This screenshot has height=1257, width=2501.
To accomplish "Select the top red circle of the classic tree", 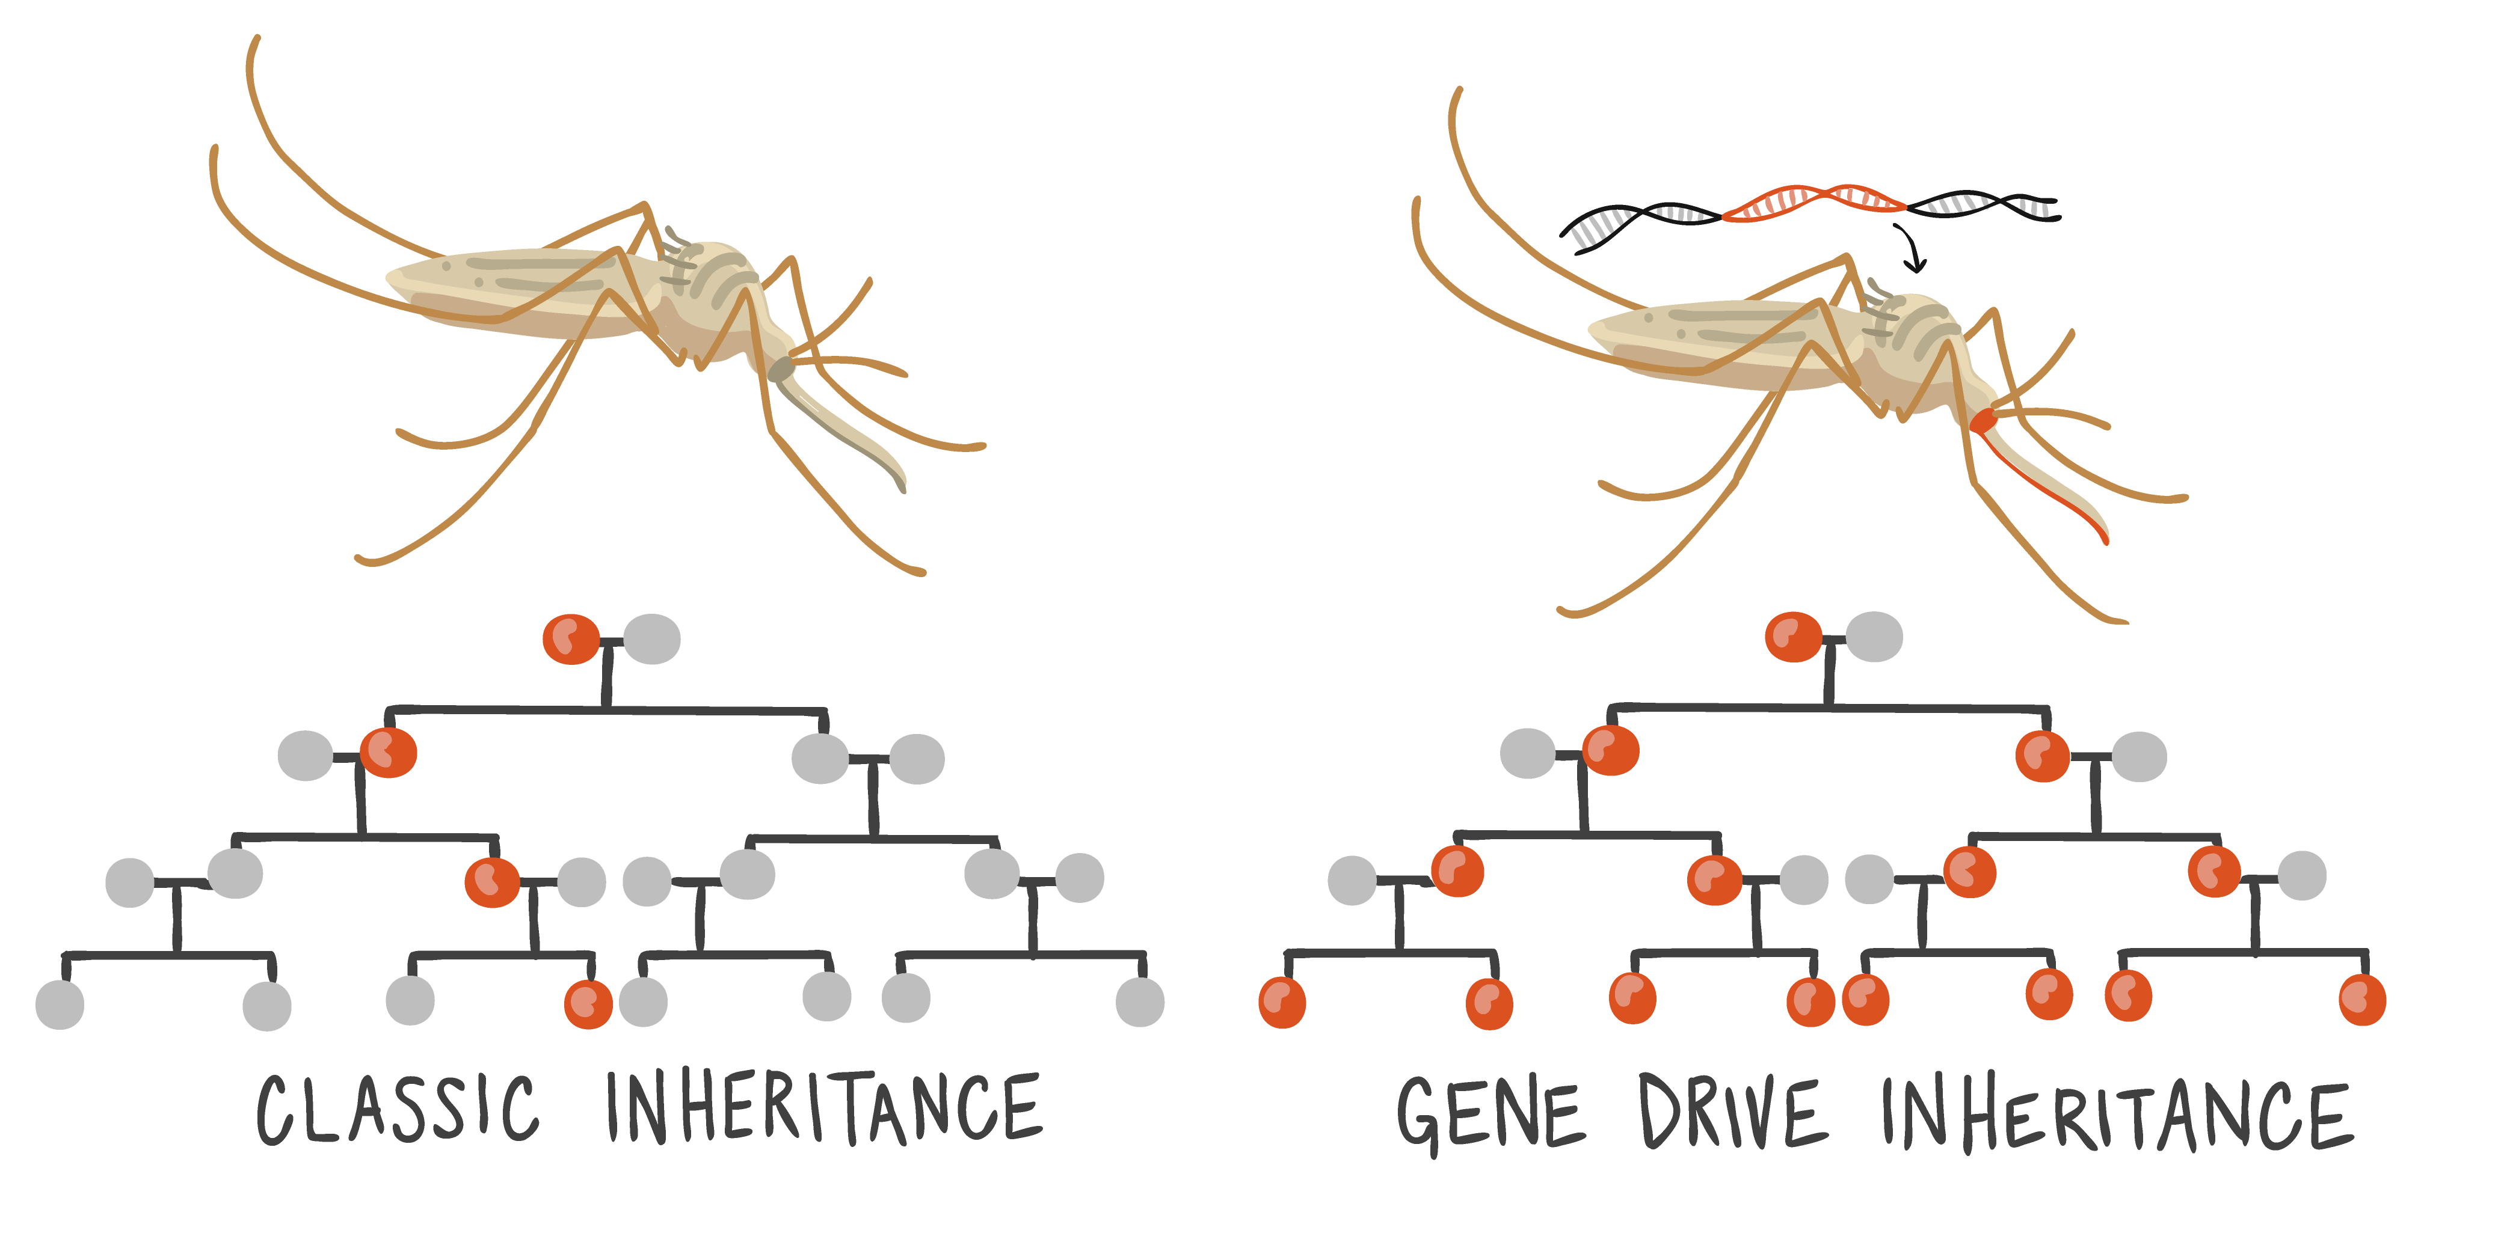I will [571, 638].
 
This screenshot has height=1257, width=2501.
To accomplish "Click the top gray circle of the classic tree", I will [651, 638].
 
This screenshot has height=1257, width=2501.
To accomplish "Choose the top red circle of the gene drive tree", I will [1793, 637].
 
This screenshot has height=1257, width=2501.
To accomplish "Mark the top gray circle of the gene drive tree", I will [1874, 637].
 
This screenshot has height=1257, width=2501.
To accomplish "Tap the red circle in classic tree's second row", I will [389, 752].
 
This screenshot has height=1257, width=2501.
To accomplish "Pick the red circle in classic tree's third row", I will [492, 881].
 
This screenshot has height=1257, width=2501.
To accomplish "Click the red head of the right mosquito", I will [1984, 420].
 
